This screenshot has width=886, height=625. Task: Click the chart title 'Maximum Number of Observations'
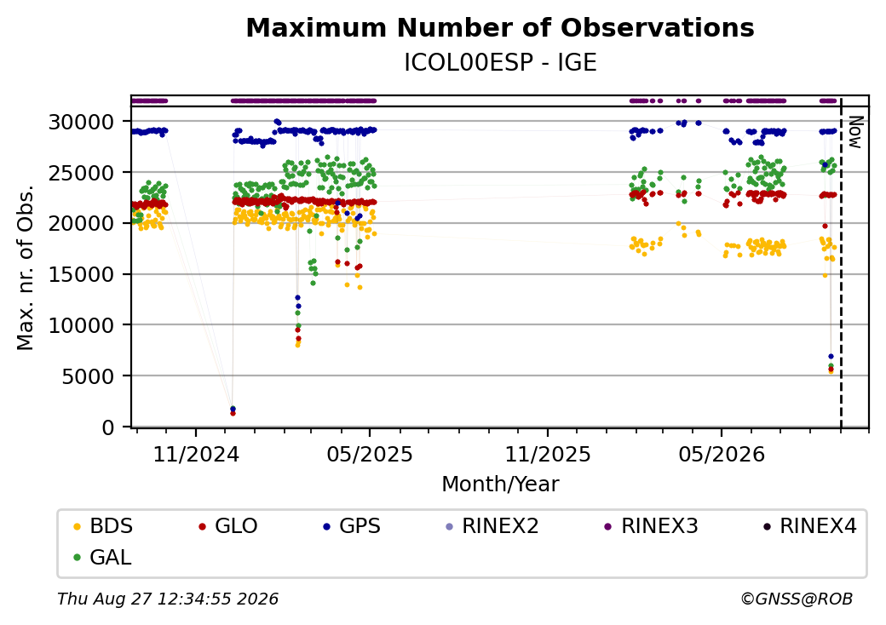[500, 27]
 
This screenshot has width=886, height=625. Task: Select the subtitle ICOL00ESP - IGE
[500, 63]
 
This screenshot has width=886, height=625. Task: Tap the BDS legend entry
[103, 526]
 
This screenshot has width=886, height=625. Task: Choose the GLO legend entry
[228, 526]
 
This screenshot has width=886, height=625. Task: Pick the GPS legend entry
[352, 526]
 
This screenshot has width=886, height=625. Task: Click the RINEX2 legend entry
[492, 526]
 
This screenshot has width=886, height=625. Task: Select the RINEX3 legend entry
[652, 526]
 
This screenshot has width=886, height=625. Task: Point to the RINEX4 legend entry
[810, 526]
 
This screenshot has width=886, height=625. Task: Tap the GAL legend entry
[103, 557]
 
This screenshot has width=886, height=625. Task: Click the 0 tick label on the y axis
[108, 428]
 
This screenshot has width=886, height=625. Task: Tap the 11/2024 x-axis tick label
[196, 454]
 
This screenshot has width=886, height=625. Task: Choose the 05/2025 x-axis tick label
[370, 454]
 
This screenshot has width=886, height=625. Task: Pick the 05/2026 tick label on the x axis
[722, 454]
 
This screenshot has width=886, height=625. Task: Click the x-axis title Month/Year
[500, 484]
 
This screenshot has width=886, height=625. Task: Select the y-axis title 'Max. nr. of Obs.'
[26, 267]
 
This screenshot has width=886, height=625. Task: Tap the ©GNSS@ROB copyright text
[797, 599]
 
